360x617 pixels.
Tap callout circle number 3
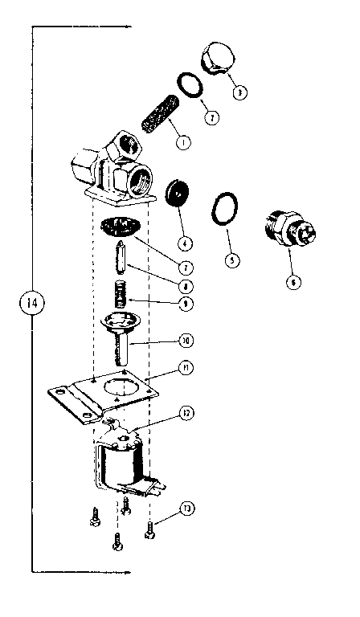[x=238, y=92]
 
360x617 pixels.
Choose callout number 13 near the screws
[x=186, y=509]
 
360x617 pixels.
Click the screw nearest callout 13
[x=150, y=530]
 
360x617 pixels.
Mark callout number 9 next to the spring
[x=186, y=303]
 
